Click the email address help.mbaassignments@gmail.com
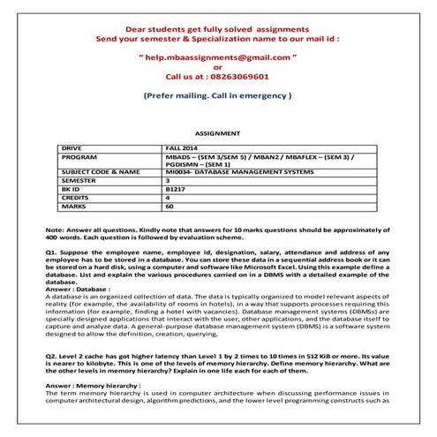218,56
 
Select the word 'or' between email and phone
218,66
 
